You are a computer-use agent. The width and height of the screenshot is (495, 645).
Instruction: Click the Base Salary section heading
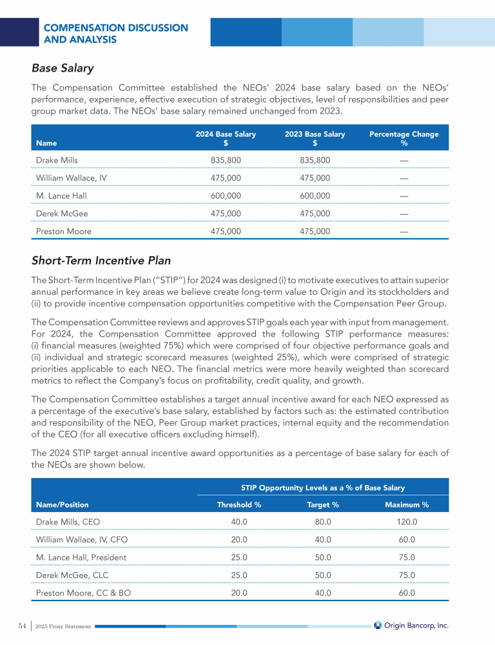(63, 68)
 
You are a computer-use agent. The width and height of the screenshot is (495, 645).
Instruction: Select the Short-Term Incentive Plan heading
(101, 261)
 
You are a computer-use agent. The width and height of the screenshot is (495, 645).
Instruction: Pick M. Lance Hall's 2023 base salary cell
(315, 195)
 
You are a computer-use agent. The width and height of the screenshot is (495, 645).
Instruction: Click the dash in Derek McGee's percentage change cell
(403, 213)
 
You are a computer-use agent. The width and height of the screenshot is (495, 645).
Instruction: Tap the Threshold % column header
(238, 504)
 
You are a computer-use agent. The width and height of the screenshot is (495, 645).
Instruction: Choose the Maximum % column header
(407, 504)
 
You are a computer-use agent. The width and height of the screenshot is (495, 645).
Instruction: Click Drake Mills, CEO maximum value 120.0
(407, 521)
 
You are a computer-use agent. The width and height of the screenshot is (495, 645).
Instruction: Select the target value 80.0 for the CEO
(322, 521)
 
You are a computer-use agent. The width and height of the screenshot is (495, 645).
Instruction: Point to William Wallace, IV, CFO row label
(81, 539)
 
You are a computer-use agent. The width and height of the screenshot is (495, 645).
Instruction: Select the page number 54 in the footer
(22, 626)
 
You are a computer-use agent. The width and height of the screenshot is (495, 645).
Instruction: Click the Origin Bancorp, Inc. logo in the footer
(411, 625)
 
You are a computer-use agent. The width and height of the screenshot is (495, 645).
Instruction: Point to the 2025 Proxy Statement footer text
(63, 626)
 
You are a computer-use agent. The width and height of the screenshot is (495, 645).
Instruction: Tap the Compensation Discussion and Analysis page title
(115, 34)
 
